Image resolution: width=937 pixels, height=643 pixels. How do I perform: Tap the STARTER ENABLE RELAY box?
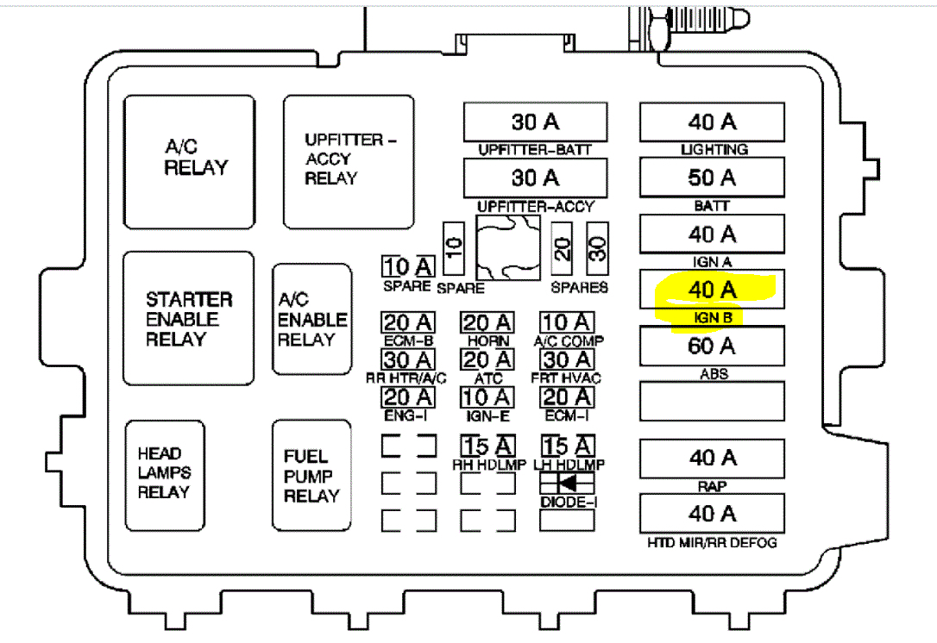coord(189,318)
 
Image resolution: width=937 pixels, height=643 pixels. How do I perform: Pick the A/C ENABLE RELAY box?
coord(311,318)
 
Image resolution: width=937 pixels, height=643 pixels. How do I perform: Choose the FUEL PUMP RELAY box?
coord(311,476)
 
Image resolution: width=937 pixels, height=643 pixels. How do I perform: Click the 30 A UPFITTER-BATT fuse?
coord(535,122)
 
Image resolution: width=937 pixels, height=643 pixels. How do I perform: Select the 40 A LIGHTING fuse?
coord(712,122)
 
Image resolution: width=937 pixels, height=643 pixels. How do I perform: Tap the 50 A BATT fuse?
coord(712,178)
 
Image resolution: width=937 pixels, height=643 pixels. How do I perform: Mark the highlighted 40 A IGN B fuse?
coord(712,290)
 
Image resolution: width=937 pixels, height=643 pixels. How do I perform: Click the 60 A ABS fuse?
coord(712,346)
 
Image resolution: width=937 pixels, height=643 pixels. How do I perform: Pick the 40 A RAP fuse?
coord(712,458)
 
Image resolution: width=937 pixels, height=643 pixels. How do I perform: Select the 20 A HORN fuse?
coord(487,323)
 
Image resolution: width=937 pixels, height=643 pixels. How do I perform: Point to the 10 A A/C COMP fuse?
coord(567,323)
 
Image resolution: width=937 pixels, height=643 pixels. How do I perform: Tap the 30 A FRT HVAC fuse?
coord(567,360)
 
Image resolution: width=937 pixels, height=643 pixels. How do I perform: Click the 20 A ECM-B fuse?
coord(409,323)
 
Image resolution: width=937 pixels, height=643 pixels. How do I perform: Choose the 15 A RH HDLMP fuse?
coord(487,446)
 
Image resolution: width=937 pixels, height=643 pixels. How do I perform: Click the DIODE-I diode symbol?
coord(567,483)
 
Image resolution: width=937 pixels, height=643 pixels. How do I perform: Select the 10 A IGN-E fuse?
coord(487,397)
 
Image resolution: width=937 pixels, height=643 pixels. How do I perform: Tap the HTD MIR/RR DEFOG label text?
coord(712,543)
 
